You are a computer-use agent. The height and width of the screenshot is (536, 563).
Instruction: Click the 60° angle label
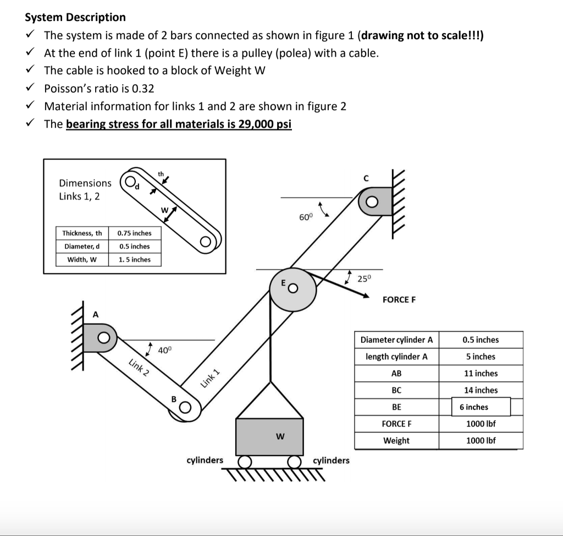(x=306, y=217)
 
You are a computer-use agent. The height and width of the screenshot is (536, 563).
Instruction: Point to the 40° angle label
(x=165, y=350)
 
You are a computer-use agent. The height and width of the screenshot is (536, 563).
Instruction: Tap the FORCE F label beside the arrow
(x=399, y=300)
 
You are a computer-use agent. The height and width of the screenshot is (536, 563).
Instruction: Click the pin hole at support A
(x=103, y=336)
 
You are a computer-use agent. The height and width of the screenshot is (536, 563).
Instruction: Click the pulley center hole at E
(x=294, y=288)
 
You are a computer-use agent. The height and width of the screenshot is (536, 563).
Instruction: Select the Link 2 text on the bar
(x=139, y=367)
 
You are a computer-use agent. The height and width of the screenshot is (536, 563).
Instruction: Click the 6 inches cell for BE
(x=474, y=407)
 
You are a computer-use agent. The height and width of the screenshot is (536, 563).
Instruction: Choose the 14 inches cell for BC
(x=481, y=390)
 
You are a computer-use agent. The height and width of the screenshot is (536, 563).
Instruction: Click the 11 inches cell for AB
(x=481, y=373)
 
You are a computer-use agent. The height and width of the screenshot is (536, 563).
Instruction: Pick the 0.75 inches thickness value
(x=135, y=233)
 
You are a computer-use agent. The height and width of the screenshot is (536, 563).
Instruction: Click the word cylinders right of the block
(x=331, y=460)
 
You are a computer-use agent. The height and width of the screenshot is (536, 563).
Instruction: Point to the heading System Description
(x=75, y=17)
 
